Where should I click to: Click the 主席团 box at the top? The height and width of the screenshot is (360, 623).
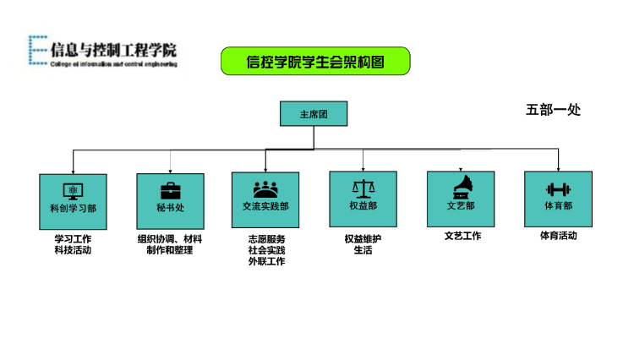314,114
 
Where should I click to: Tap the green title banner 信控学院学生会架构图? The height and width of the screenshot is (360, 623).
314,62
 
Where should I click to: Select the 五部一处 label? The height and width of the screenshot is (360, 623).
553,110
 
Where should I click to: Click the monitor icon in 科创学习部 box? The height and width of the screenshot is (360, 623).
73,189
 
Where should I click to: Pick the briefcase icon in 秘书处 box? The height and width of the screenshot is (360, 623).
170,189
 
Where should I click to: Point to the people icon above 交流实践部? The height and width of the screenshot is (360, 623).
265,188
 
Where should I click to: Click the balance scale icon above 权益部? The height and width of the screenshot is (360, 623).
363,188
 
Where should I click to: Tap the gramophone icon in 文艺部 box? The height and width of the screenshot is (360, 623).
461,187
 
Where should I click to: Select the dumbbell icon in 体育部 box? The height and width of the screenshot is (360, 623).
558,189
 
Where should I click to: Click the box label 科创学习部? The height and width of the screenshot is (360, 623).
73,207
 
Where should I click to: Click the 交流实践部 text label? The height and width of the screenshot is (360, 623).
265,206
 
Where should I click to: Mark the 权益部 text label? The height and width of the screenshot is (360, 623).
363,206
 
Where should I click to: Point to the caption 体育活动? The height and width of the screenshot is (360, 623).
558,236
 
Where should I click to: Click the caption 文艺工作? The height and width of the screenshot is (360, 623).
462,236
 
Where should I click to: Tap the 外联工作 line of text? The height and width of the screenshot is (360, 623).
266,262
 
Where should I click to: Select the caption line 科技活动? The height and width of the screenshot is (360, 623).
73,250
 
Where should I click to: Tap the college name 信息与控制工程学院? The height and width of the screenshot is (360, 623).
113,48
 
